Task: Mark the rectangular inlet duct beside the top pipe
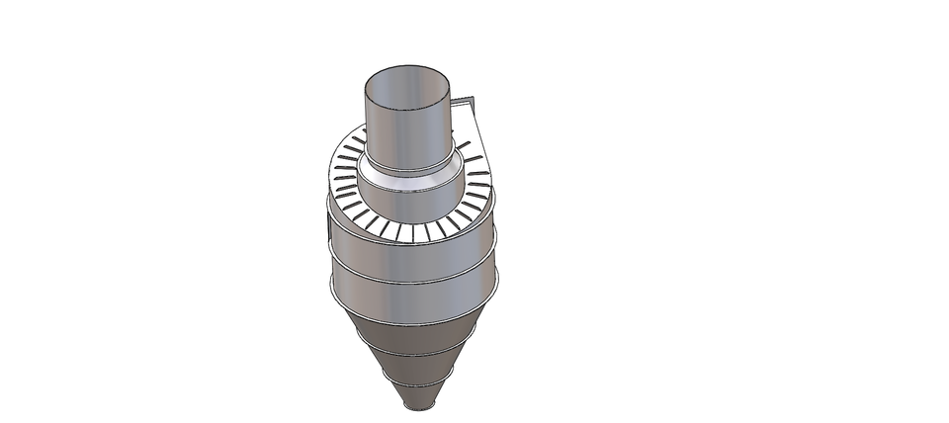(466, 109)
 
